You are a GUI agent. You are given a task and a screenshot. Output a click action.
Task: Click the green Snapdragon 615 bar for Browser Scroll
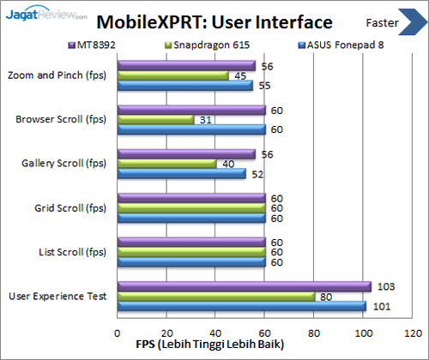point(155,119)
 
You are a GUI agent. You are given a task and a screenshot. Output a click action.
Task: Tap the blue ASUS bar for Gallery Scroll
point(181,174)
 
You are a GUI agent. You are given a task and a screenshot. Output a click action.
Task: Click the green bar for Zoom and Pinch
point(172,75)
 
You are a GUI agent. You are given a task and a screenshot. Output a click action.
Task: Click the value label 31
point(207,119)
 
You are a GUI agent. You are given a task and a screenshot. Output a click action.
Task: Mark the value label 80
point(326,297)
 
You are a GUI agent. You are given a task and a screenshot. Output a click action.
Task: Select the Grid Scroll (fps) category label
point(70,207)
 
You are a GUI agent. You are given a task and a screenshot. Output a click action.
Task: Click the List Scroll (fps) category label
point(72,252)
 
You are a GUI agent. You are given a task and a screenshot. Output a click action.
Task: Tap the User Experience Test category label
point(57,297)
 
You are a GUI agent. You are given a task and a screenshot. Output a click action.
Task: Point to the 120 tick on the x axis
point(414,333)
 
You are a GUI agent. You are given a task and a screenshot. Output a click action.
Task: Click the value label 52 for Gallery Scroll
point(257,174)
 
